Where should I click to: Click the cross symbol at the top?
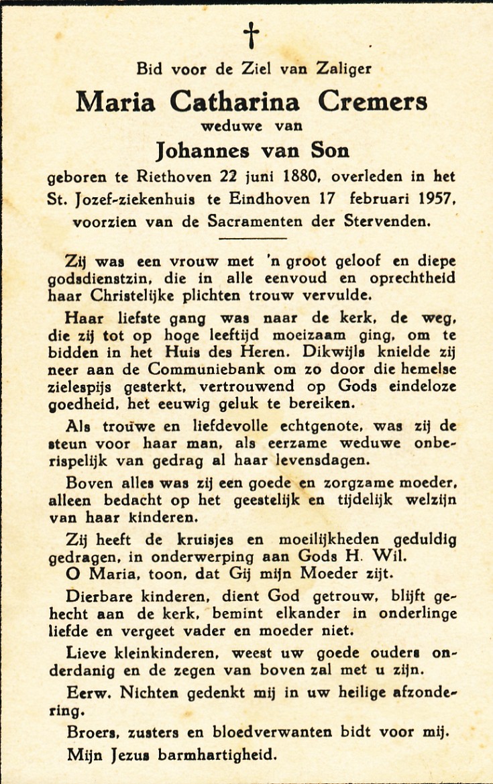pos(251,35)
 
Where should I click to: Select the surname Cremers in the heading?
pos(372,101)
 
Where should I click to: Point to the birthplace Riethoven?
pos(181,178)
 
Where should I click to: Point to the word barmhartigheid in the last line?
pos(217,755)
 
